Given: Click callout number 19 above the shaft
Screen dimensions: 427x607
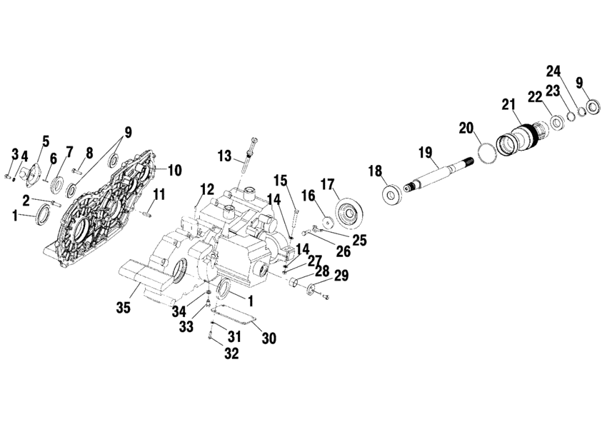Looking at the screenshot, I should pyautogui.click(x=426, y=152).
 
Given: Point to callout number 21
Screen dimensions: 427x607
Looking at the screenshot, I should pyautogui.click(x=508, y=105).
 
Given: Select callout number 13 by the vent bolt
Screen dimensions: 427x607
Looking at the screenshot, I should pyautogui.click(x=225, y=156).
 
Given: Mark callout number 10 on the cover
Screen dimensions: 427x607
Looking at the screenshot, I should pyautogui.click(x=175, y=170).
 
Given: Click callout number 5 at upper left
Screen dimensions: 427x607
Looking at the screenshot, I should pyautogui.click(x=45, y=141).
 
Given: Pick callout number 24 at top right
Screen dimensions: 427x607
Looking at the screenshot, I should pyautogui.click(x=554, y=71).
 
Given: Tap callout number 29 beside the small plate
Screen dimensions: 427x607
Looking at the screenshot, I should pyautogui.click(x=342, y=276).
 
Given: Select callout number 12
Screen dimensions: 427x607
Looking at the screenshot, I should pyautogui.click(x=207, y=189).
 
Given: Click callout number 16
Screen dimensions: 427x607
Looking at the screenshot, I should pyautogui.click(x=307, y=195).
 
